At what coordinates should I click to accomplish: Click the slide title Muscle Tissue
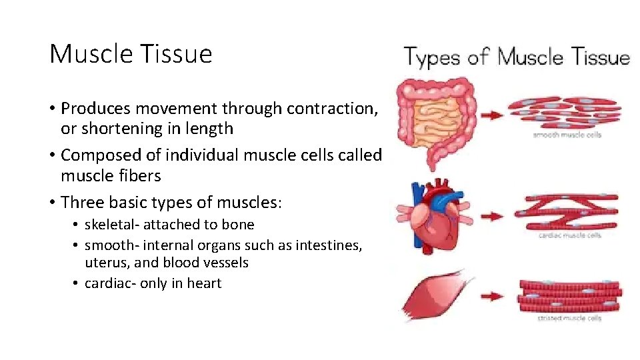131,54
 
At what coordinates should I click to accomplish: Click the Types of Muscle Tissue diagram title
517,58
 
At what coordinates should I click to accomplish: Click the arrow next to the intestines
491,115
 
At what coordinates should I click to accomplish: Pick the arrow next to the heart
491,216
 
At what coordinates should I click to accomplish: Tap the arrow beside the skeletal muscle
492,295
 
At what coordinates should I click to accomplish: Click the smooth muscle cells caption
567,135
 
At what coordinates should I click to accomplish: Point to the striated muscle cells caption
569,318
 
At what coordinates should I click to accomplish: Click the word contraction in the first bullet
331,108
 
